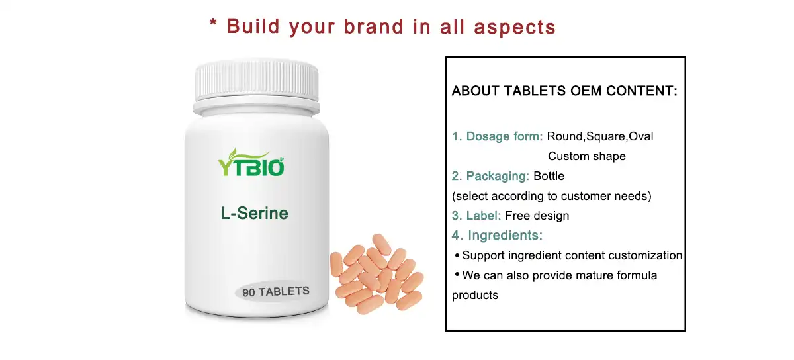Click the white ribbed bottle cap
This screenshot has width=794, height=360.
point(257,85)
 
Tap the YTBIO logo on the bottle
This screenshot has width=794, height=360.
point(251,165)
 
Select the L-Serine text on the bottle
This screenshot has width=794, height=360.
point(255,214)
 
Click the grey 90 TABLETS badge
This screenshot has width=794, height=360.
point(276,292)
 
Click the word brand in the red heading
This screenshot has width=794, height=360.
point(373,26)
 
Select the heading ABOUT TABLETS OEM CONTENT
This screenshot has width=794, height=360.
point(564,91)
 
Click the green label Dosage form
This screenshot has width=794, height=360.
point(504,136)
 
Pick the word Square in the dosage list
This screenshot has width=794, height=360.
point(605,136)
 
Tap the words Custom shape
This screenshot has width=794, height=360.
point(586,156)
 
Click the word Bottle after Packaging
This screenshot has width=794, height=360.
point(549,176)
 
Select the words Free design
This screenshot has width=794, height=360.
point(537,216)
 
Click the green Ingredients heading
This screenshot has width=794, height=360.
point(505,235)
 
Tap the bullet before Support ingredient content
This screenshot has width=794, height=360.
point(457,255)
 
